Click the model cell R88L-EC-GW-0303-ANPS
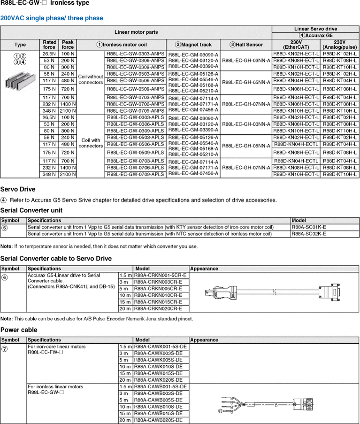click(x=136, y=54)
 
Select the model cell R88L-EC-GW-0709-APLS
click(x=136, y=174)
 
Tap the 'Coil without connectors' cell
click(x=91, y=79)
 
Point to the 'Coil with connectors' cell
click(x=91, y=143)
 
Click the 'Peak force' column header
click(x=68, y=45)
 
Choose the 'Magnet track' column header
click(x=193, y=45)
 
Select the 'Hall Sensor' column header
click(x=246, y=45)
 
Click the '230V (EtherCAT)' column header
click(x=296, y=45)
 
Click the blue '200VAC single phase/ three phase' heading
click(x=52, y=18)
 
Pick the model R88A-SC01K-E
click(x=309, y=227)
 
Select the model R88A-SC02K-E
click(x=309, y=233)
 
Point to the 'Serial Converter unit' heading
click(x=31, y=210)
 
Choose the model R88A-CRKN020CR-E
click(x=160, y=308)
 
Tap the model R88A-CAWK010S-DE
click(x=160, y=367)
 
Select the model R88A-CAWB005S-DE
click(x=160, y=400)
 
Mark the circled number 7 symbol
click(x=4, y=348)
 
